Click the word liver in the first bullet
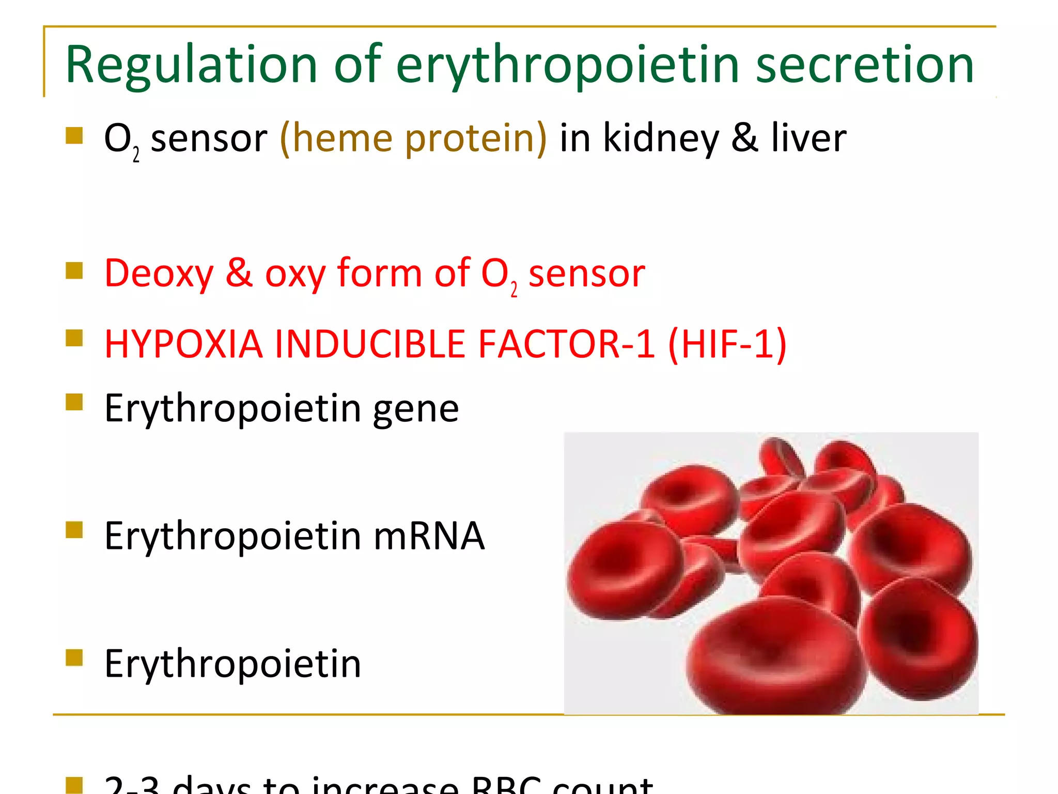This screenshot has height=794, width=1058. (808, 139)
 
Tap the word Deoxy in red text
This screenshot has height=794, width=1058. (159, 274)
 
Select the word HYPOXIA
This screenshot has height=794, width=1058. (183, 344)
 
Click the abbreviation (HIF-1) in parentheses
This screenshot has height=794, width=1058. (727, 344)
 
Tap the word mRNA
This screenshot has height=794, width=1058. (429, 536)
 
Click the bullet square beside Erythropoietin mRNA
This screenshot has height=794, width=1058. (74, 530)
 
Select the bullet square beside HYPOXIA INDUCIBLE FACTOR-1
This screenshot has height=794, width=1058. (74, 338)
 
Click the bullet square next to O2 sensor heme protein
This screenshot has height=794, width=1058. (74, 135)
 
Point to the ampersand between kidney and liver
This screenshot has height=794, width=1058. (744, 139)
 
